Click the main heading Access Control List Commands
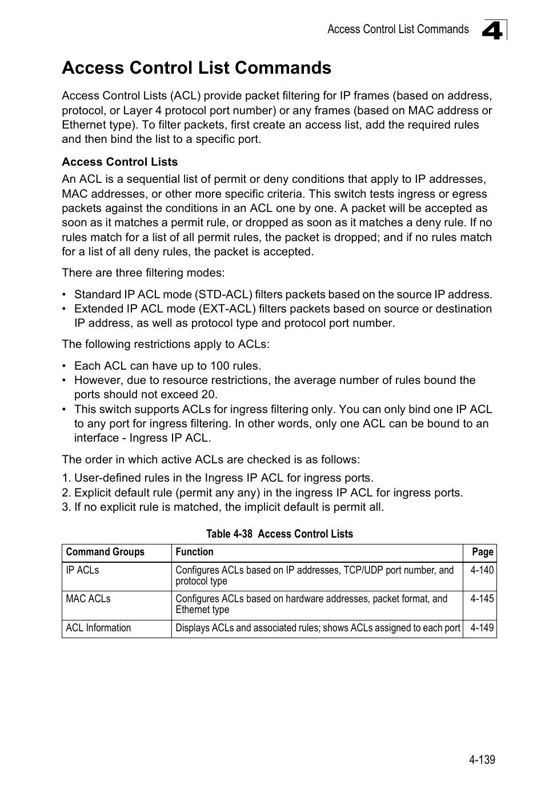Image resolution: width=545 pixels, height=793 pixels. pos(196,68)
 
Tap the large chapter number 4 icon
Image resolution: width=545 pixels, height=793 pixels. pos(492,30)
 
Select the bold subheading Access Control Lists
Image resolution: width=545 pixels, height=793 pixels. pos(119,162)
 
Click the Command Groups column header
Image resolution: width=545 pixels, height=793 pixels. pos(105,552)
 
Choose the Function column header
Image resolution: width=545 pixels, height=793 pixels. pos(194,552)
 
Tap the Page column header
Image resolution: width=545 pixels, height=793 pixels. pos(482,552)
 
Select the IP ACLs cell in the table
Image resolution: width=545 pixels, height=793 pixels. pos(82,570)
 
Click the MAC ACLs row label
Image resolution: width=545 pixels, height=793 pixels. pos(88,599)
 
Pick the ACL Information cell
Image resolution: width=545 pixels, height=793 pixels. pos(98,628)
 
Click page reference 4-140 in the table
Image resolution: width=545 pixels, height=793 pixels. pos(482,570)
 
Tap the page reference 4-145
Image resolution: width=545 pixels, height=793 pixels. pos(482,599)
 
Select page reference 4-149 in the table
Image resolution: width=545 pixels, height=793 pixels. pos(482,628)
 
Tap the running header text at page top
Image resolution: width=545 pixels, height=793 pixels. pos(398,30)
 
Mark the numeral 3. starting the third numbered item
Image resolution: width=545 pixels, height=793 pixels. pos(66,507)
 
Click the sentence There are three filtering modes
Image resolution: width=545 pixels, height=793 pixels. pos(143,273)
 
